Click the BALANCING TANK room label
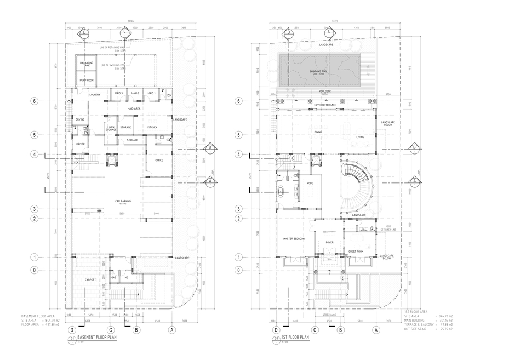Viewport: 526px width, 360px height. (86, 65)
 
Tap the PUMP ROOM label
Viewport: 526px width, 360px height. (87, 81)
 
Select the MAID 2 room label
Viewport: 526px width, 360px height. (135, 93)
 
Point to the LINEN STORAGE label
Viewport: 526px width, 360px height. (111, 129)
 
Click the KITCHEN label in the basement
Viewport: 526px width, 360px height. (152, 127)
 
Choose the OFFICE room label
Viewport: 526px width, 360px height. (159, 160)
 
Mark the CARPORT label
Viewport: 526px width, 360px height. (90, 279)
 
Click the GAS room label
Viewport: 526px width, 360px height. (114, 278)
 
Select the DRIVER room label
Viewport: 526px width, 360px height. (81, 144)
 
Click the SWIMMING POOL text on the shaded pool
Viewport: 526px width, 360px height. (318, 71)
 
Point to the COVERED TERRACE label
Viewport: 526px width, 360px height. (325, 104)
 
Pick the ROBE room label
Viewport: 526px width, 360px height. (310, 182)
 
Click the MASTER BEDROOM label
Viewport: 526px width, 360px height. (294, 239)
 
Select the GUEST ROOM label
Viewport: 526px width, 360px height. (356, 252)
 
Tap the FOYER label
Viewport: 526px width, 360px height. (329, 242)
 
